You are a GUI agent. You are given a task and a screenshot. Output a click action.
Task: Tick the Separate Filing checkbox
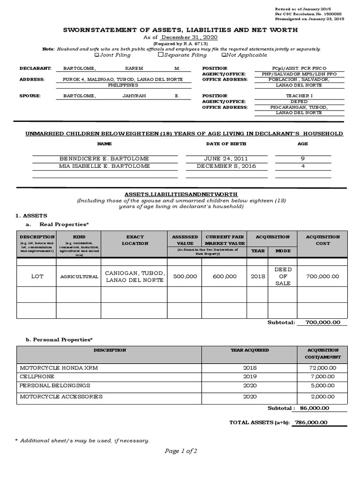tap(160, 55)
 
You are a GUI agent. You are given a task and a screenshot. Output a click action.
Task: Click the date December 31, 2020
tap(189, 37)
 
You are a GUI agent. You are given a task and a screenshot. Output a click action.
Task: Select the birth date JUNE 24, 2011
tap(218, 159)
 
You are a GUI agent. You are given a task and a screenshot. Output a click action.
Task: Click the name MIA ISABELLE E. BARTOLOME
tap(105, 166)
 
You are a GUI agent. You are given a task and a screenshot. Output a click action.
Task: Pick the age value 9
tap(302, 159)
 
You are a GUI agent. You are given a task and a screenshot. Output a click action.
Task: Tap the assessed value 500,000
tap(185, 277)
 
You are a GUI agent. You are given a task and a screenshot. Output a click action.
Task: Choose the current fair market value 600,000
tap(225, 277)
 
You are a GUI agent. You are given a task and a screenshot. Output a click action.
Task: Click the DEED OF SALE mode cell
tap(283, 277)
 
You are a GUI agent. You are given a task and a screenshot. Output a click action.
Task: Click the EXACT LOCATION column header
tap(135, 240)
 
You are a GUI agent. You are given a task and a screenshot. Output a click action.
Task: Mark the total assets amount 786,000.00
tap(310, 422)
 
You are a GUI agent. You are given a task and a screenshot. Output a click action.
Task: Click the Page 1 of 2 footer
tap(180, 451)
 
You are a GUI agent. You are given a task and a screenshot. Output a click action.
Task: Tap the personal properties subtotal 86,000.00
tap(313, 408)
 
